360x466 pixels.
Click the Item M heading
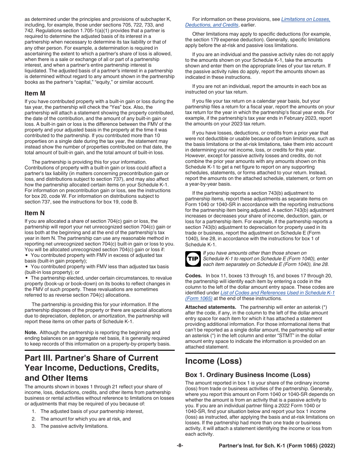(x=37, y=93)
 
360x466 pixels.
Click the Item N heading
(x=37, y=213)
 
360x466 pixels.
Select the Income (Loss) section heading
(x=213, y=361)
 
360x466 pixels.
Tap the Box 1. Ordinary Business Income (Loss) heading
(x=247, y=375)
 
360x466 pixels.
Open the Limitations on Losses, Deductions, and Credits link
(x=305, y=19)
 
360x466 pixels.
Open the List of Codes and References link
(x=277, y=293)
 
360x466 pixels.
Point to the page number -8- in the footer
(x=180, y=446)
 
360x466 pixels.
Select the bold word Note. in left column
(x=31, y=332)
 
